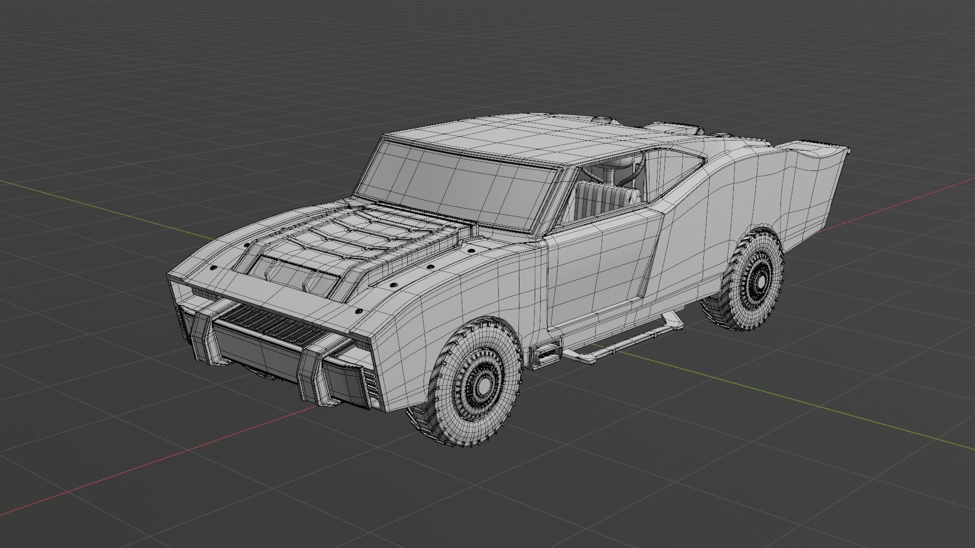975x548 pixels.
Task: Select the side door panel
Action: pos(599,274)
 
